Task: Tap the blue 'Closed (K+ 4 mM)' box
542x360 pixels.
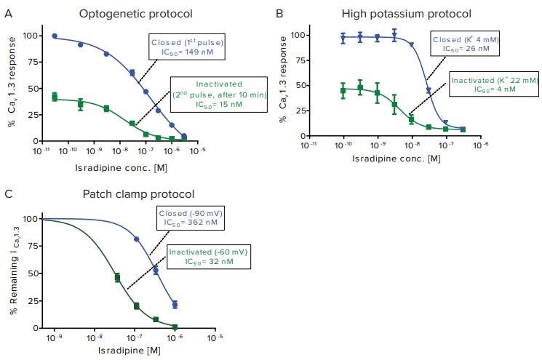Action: click(465, 43)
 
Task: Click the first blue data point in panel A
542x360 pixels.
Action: click(55, 36)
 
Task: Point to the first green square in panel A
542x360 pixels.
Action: click(55, 97)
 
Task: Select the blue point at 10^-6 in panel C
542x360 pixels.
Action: click(175, 305)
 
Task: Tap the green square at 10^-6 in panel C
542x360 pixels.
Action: click(175, 327)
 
